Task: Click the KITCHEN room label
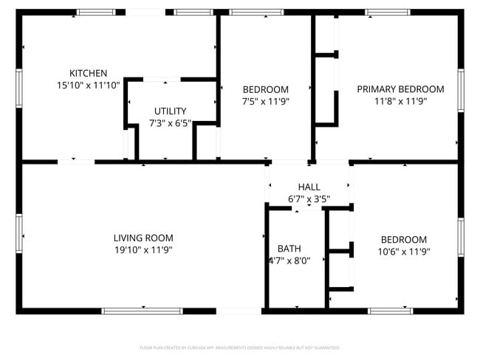pos(89,73)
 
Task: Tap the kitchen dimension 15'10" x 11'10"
pos(89,85)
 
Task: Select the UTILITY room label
pos(170,111)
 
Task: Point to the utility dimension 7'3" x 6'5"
pos(170,123)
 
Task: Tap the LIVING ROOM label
pos(143,238)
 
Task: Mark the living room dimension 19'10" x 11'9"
pos(143,250)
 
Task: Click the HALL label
pos(309,187)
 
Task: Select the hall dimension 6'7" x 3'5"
pos(309,199)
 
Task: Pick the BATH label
pos(289,248)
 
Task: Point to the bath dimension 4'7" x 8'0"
pos(289,260)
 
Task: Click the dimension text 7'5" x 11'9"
pos(266,100)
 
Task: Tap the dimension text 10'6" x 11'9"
pos(403,251)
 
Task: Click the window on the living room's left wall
pos(19,235)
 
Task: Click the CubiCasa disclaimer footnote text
pos(239,347)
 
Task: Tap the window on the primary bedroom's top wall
pos(387,13)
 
